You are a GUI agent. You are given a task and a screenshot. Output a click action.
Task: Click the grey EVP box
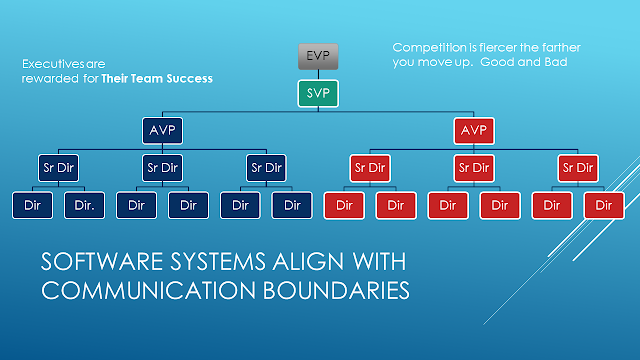318,56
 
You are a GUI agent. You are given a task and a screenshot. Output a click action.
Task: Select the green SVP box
318,93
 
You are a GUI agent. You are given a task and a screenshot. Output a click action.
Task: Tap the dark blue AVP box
162,131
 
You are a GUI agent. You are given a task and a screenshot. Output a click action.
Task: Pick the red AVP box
474,131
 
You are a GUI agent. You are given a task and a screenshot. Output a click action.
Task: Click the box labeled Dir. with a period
84,205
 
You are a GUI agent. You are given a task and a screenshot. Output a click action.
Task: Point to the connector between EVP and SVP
318,75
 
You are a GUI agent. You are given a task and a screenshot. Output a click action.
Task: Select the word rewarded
50,78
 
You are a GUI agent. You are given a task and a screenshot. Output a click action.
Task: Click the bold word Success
192,78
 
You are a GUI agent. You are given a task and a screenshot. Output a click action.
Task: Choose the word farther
561,47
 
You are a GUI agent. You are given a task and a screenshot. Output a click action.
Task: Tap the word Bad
556,62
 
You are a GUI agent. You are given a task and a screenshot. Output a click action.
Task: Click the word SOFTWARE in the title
102,261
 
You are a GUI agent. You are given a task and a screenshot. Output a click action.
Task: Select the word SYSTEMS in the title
218,261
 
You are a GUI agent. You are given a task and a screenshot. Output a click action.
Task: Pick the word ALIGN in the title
309,261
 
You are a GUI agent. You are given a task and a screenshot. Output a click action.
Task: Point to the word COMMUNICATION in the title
149,290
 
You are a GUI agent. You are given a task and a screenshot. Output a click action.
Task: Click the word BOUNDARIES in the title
336,290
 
